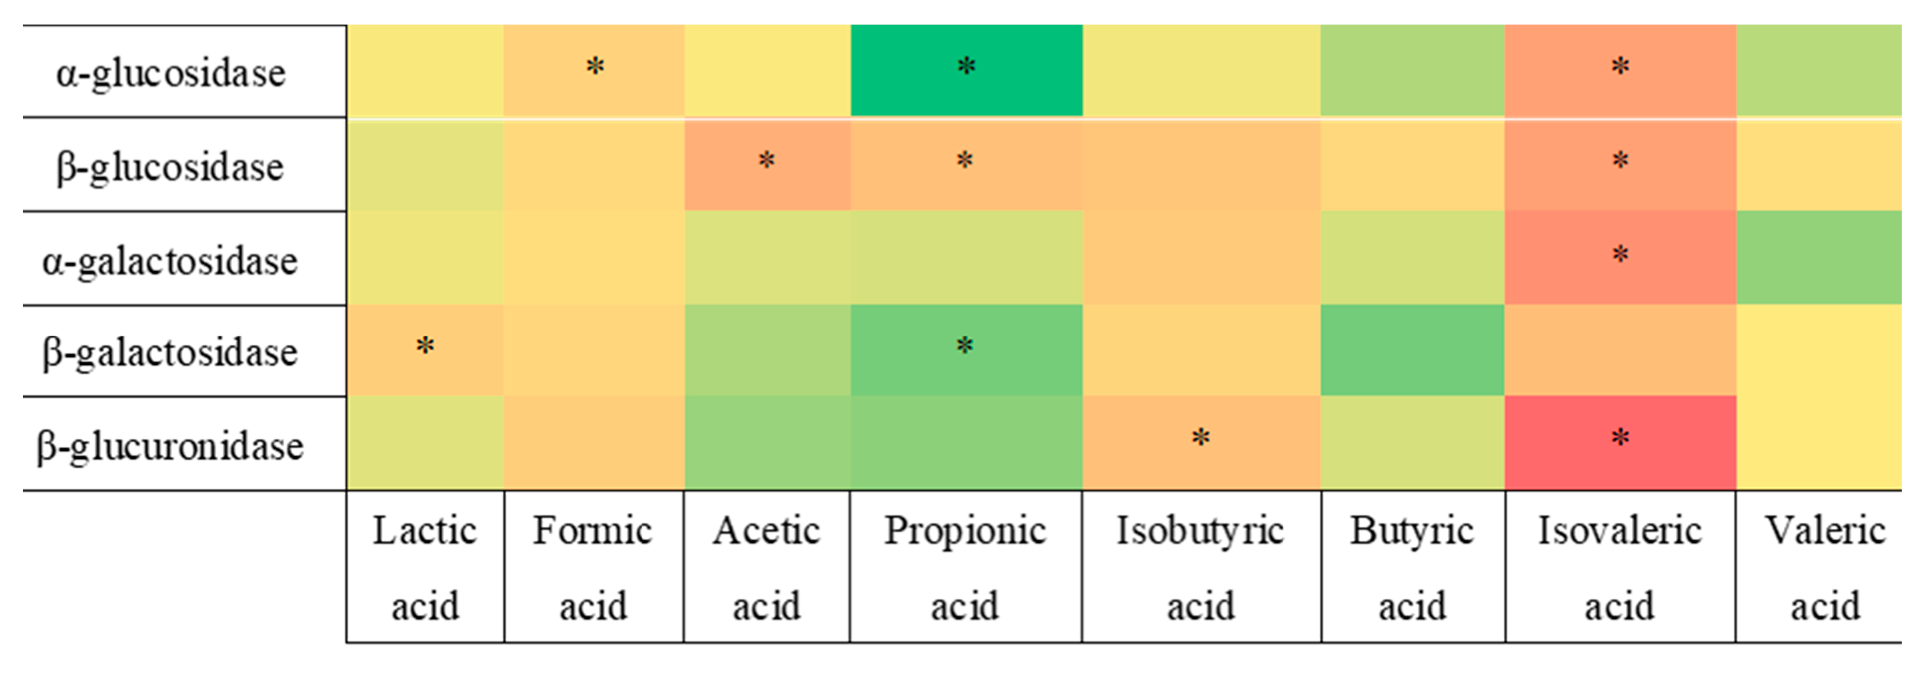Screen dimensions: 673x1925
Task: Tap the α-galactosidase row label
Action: (x=170, y=261)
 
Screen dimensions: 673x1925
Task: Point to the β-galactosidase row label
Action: (x=170, y=352)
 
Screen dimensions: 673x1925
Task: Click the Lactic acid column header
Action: (x=425, y=567)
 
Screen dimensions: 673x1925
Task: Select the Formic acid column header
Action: (x=593, y=567)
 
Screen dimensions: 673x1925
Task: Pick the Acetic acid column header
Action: (x=767, y=567)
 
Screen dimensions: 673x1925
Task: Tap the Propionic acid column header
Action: (x=965, y=567)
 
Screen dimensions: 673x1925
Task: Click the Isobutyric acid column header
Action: (x=1200, y=567)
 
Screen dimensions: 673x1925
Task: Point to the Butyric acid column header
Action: (x=1412, y=567)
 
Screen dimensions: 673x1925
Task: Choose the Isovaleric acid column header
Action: (x=1619, y=567)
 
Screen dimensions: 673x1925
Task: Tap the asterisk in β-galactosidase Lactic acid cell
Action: (x=425, y=346)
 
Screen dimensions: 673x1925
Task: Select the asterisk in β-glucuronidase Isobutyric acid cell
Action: (x=1200, y=438)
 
